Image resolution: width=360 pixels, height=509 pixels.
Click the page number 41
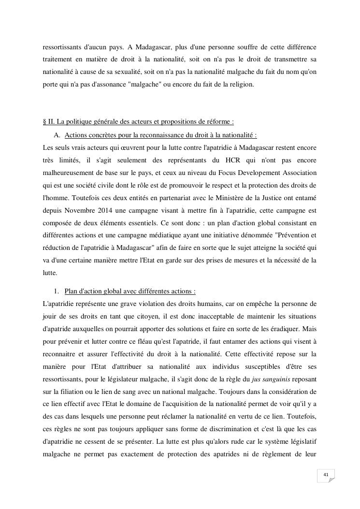(326, 475)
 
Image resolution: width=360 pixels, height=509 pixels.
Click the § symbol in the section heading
(45, 121)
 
